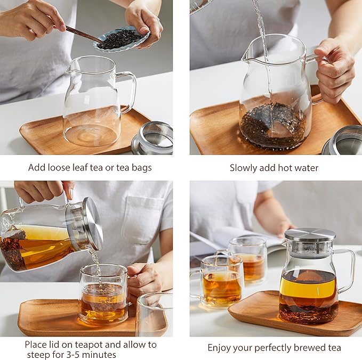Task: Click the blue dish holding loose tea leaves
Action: click(122, 40)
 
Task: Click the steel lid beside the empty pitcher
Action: click(153, 138)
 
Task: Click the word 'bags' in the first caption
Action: click(141, 168)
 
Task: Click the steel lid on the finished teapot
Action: click(310, 235)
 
